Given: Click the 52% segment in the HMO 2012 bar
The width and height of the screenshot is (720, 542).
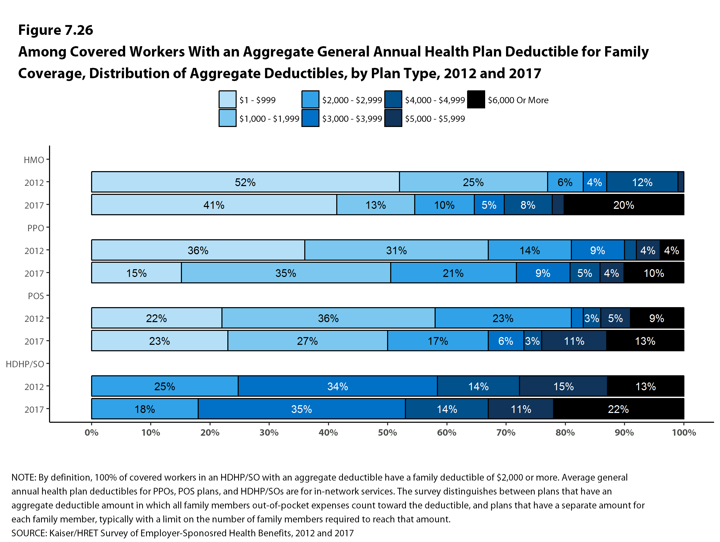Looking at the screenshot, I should click(x=245, y=182).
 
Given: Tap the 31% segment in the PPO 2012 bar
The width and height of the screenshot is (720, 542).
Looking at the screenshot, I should click(x=396, y=250).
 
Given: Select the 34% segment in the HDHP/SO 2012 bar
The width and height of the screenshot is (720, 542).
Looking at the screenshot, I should click(x=337, y=386).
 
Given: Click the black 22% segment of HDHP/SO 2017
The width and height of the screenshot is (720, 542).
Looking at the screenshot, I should click(x=618, y=409).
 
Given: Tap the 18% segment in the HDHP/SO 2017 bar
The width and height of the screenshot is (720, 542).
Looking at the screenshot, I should click(x=145, y=409).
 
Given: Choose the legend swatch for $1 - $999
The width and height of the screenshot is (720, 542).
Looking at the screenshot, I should click(x=227, y=100).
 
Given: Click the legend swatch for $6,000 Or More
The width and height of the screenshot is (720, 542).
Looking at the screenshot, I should click(x=476, y=100).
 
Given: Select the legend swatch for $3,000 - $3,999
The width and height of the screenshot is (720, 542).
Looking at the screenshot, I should click(x=310, y=118).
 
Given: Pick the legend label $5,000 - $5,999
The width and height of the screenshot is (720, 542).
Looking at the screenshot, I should click(x=435, y=119).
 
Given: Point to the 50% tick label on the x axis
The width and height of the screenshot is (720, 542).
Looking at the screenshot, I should click(x=387, y=433).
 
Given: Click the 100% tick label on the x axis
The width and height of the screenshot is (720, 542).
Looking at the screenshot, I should click(x=684, y=433).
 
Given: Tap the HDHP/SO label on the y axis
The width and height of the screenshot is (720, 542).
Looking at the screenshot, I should click(x=25, y=364).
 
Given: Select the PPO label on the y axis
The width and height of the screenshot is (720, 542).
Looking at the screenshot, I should click(x=35, y=228).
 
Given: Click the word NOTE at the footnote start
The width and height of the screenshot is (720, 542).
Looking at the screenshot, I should click(x=23, y=477).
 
